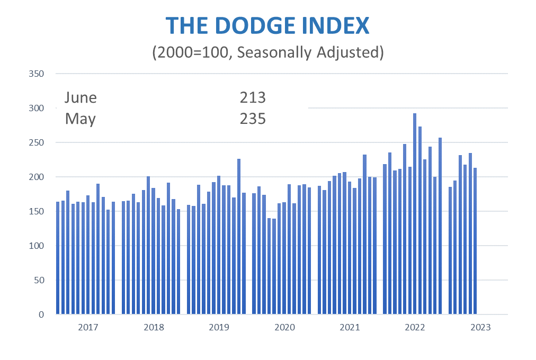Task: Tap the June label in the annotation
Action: pyautogui.click(x=81, y=98)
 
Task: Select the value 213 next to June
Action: pyautogui.click(x=252, y=98)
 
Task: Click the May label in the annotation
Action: pyautogui.click(x=80, y=119)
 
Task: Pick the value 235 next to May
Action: pyautogui.click(x=252, y=119)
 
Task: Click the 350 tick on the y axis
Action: pyautogui.click(x=37, y=74)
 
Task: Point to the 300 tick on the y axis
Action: pyautogui.click(x=37, y=108)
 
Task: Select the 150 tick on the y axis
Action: pyautogui.click(x=37, y=211)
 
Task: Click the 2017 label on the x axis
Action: pyautogui.click(x=88, y=328)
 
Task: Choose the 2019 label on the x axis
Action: pyautogui.click(x=219, y=328)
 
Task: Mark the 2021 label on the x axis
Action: pyautogui.click(x=350, y=328)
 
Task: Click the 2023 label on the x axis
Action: pyautogui.click(x=480, y=328)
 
